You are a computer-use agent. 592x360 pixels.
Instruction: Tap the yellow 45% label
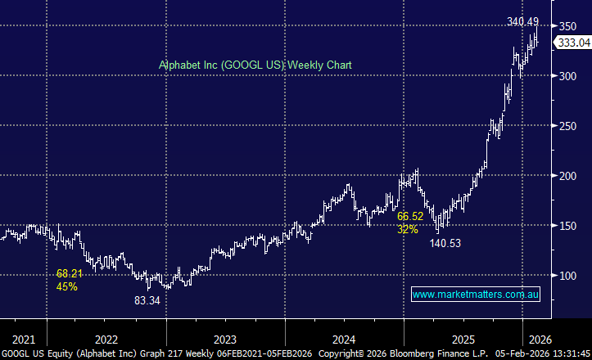tap(67, 286)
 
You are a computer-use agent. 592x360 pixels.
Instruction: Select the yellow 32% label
tap(408, 230)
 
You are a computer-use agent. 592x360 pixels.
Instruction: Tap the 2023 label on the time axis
tap(225, 338)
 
